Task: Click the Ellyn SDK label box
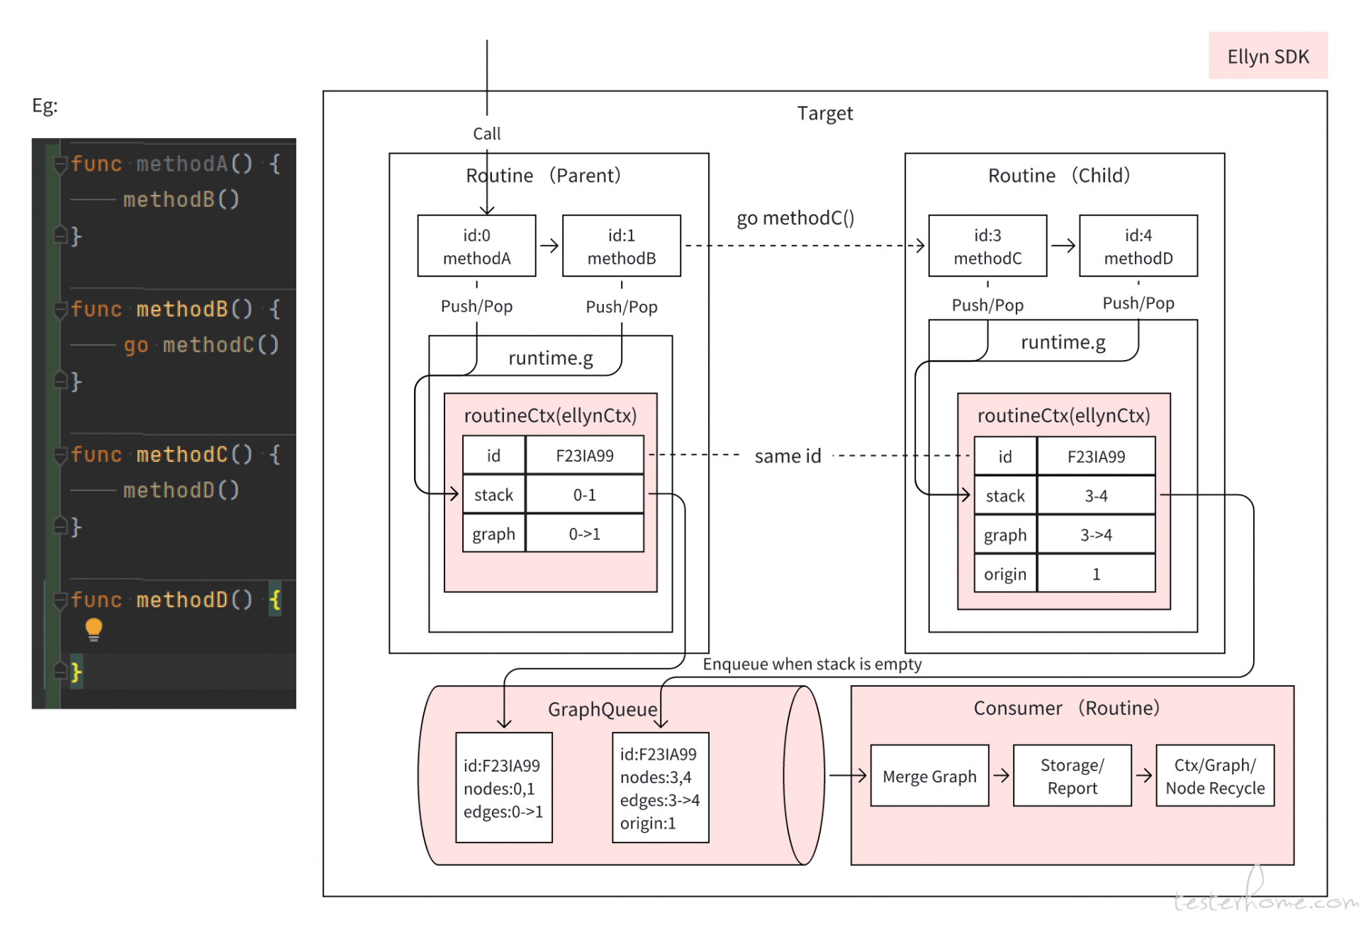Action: pos(1267,55)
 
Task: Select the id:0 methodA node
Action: pos(476,246)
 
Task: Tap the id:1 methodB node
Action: pos(622,246)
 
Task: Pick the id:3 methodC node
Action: pos(987,246)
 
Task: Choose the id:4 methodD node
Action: pos(1138,246)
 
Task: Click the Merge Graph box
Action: pos(929,776)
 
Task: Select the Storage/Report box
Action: pos(1072,776)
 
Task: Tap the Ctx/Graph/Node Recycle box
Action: pos(1215,776)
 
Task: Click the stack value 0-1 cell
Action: pos(585,495)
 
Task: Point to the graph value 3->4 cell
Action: pos(1096,535)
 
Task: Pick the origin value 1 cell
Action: pos(1096,574)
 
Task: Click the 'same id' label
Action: pos(788,456)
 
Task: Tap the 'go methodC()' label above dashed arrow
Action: pos(795,218)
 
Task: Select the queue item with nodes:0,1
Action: pos(504,787)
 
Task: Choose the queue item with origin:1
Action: pos(661,787)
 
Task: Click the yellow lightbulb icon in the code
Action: pos(94,629)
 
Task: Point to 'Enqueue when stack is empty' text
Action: pos(812,664)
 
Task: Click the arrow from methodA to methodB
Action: pos(549,246)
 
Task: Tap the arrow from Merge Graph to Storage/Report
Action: pos(1001,776)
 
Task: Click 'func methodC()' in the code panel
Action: pos(162,454)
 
